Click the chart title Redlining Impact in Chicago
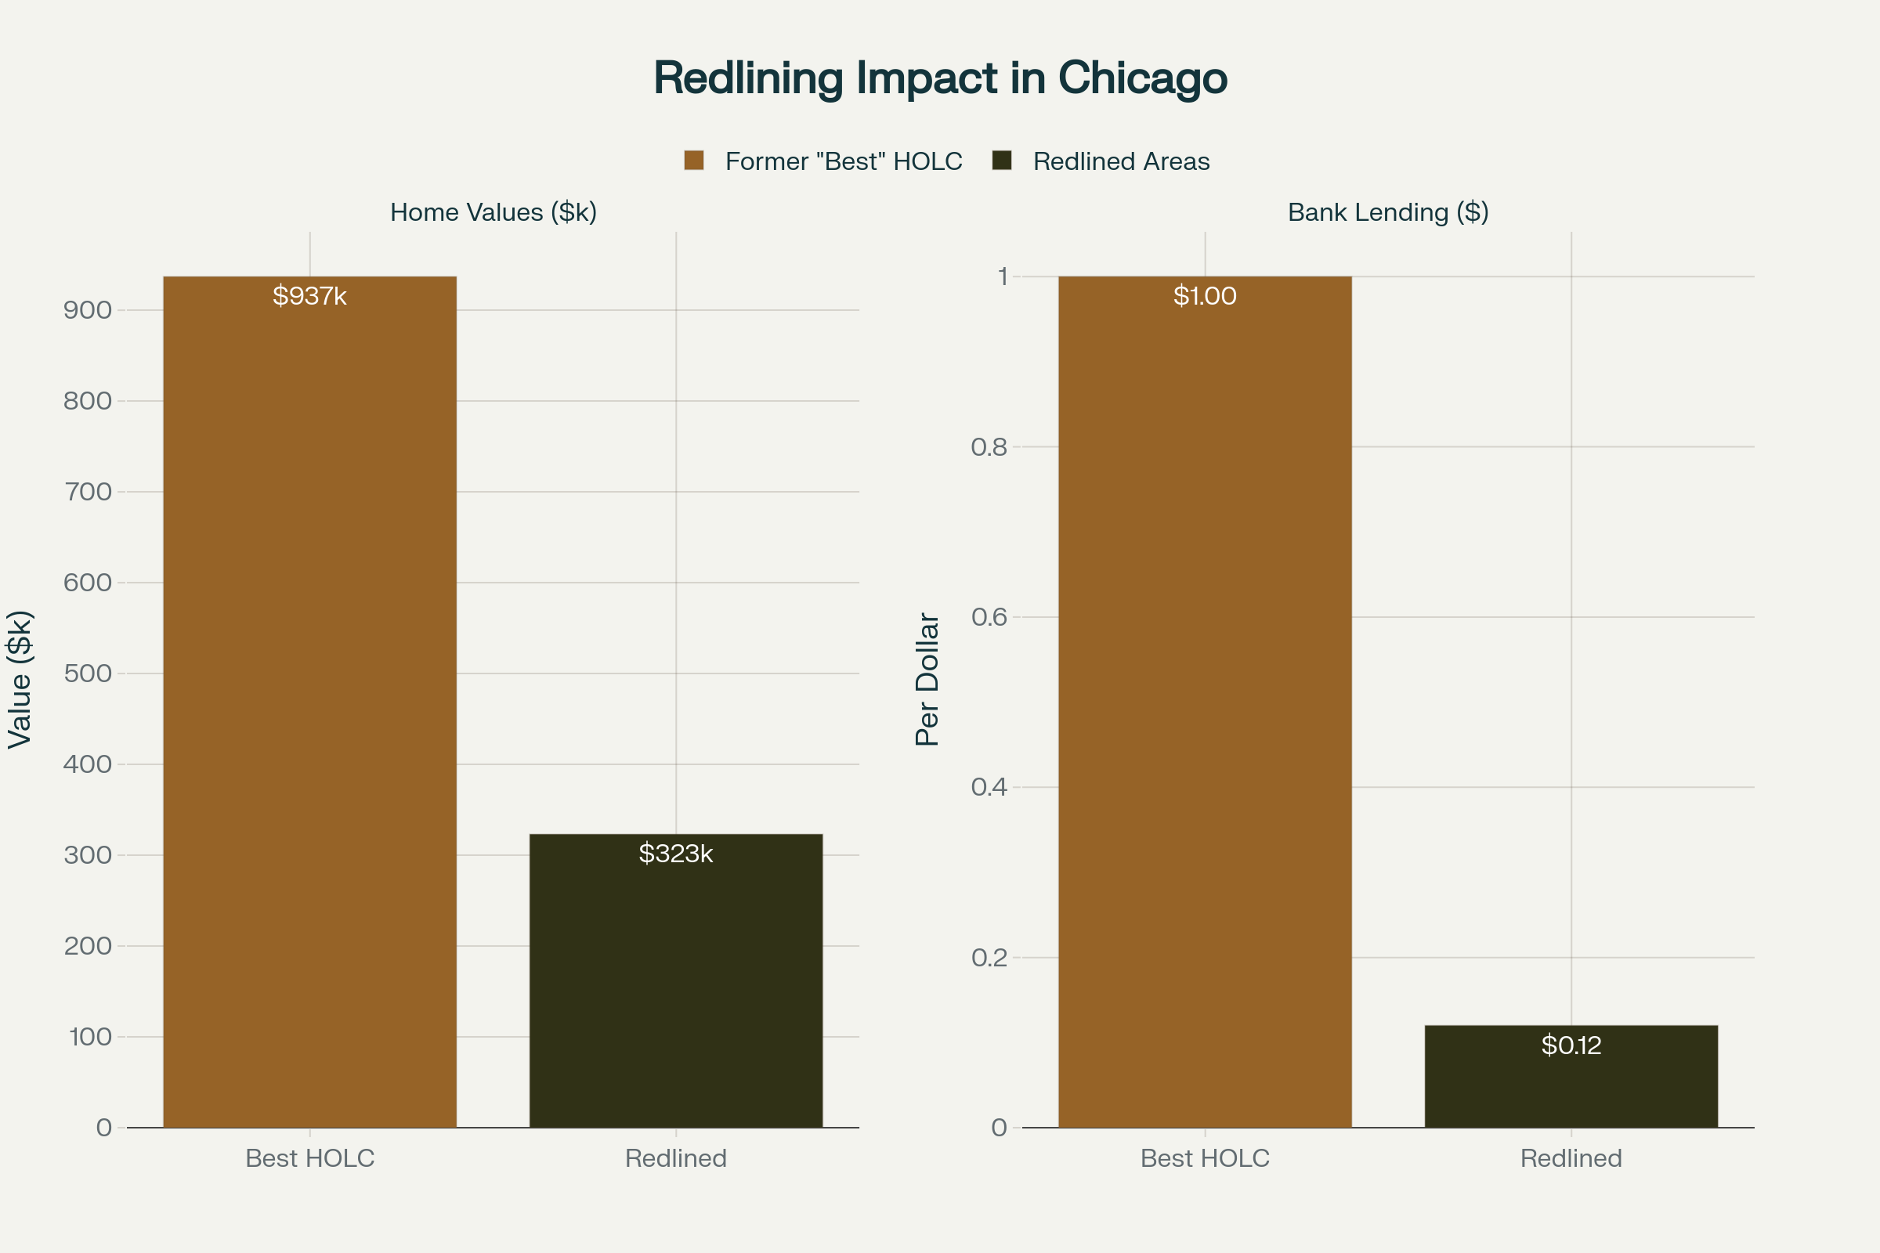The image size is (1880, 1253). point(940,78)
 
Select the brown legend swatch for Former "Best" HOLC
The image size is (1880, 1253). point(694,161)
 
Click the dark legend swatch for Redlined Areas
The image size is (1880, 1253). point(1002,161)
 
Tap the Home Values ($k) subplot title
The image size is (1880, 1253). point(493,212)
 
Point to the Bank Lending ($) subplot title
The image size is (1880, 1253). point(1387,212)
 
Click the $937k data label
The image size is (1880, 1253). point(309,297)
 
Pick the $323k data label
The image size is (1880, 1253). point(675,854)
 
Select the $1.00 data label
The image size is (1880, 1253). point(1205,297)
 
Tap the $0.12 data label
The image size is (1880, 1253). point(1571,1045)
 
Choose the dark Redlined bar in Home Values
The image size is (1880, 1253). point(675,999)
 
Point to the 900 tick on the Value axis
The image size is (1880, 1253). point(88,310)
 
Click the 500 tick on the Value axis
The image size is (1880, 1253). point(88,673)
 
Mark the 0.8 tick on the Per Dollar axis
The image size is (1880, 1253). point(989,447)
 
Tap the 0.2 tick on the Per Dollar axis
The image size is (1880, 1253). point(989,957)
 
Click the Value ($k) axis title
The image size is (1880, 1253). point(20,679)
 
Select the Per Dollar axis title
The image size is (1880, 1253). point(927,679)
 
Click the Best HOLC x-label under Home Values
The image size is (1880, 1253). point(309,1158)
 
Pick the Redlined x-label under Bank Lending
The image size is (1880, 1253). point(1571,1158)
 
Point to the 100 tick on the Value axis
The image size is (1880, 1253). point(89,1037)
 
